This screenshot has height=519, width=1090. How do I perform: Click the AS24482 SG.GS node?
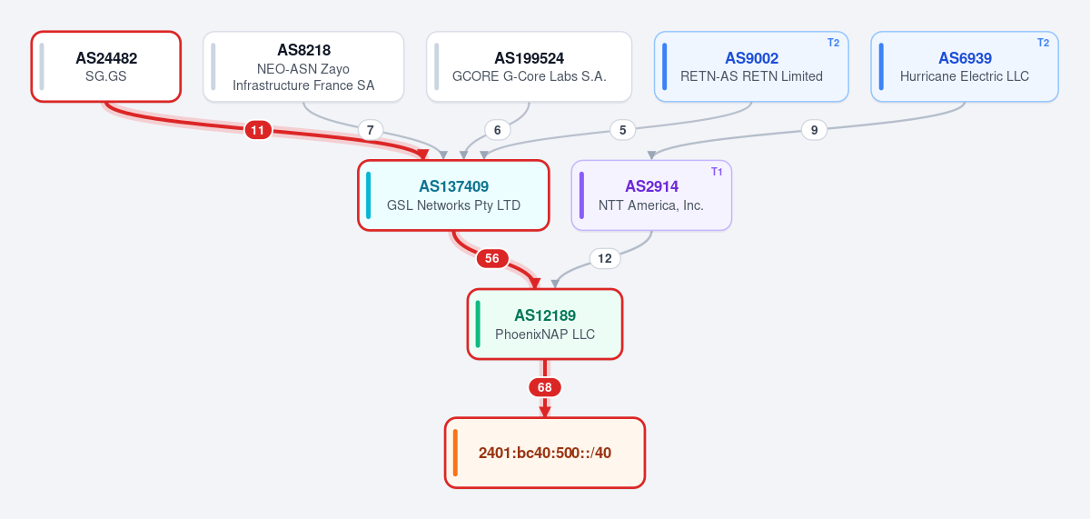pyautogui.click(x=106, y=66)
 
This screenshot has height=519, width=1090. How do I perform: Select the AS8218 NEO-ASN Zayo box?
pyautogui.click(x=303, y=66)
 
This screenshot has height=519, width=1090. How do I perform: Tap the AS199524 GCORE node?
pyautogui.click(x=529, y=66)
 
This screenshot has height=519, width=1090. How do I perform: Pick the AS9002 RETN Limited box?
pyautogui.click(x=751, y=66)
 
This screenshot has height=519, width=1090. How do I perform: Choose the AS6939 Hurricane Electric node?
pyautogui.click(x=965, y=66)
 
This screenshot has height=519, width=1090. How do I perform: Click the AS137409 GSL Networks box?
pyautogui.click(x=453, y=195)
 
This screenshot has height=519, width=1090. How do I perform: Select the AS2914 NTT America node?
pyautogui.click(x=651, y=195)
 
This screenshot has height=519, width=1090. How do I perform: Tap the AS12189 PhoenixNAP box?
pyautogui.click(x=545, y=324)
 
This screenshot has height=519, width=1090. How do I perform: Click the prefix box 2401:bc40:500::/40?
pyautogui.click(x=545, y=453)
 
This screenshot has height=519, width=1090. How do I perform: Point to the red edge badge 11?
pyautogui.click(x=258, y=130)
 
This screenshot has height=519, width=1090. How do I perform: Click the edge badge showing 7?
pyautogui.click(x=371, y=130)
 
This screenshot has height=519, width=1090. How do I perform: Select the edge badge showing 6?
pyautogui.click(x=498, y=130)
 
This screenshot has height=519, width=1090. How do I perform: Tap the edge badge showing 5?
pyautogui.click(x=622, y=130)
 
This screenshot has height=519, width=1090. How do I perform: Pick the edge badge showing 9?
pyautogui.click(x=814, y=130)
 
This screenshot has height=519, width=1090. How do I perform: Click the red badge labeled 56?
pyautogui.click(x=492, y=258)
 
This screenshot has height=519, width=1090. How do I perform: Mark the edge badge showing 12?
pyautogui.click(x=605, y=258)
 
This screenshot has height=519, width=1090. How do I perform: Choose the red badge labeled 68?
pyautogui.click(x=544, y=387)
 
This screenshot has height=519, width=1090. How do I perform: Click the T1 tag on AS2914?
pyautogui.click(x=717, y=172)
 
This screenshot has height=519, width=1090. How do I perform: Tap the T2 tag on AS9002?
pyautogui.click(x=834, y=43)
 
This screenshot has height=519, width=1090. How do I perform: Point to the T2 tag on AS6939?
pyautogui.click(x=1044, y=43)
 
